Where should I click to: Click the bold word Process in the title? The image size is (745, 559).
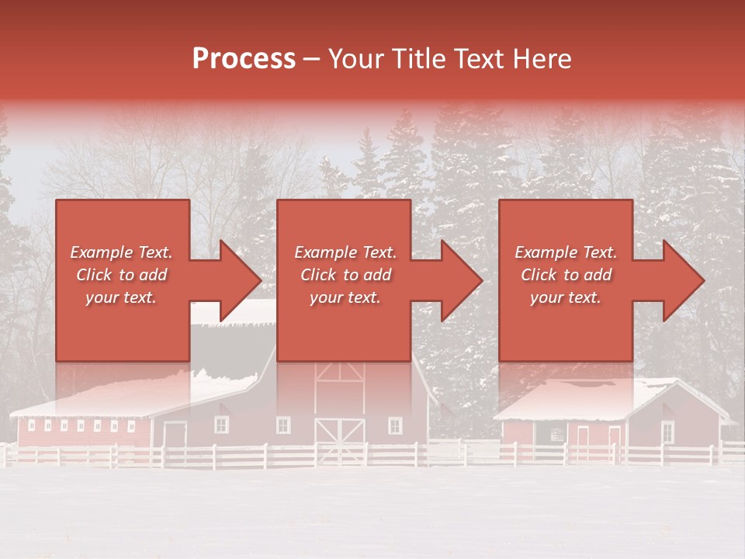coord(244,59)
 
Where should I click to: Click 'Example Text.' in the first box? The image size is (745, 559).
coord(121,252)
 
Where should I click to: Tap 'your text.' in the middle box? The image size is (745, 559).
coord(345,297)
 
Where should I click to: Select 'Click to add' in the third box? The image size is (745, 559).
coord(567,275)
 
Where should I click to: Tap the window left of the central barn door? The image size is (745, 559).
coord(283,425)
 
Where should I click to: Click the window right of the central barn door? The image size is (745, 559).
coord(395,425)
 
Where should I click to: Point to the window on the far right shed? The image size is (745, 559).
coord(667,431)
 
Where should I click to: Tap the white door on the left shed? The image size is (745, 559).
coord(175,436)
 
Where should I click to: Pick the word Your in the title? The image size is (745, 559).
coord(357,59)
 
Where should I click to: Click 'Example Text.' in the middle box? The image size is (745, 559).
coord(345,252)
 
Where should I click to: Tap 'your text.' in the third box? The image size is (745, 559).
coord(566,297)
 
